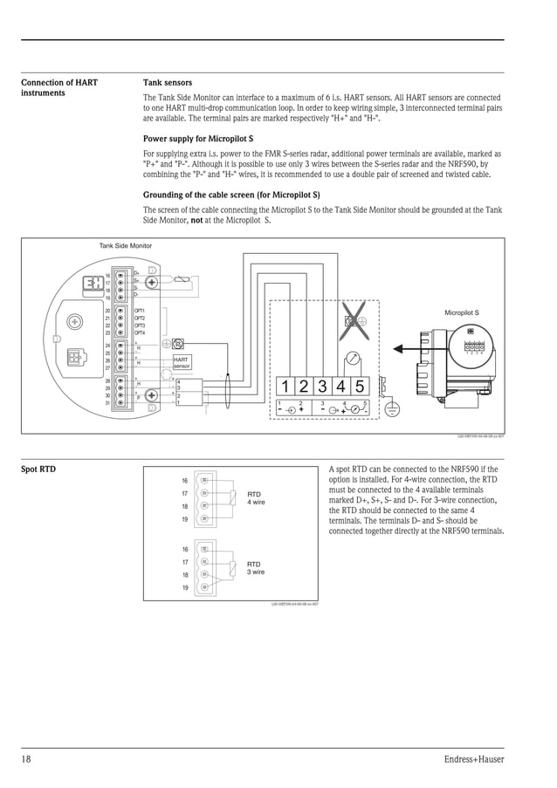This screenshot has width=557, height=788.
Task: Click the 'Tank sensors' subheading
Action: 167,83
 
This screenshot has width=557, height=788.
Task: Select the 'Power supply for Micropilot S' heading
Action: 198,139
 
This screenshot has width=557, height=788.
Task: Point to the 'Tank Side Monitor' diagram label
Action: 126,246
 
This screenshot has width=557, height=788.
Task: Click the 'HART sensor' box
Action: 182,362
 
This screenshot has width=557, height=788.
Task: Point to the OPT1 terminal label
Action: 140,311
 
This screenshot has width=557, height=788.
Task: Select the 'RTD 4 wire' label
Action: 256,498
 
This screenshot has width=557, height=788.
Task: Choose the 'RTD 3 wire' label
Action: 256,568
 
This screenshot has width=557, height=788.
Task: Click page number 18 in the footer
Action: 26,759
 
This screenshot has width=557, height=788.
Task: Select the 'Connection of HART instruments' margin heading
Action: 59,87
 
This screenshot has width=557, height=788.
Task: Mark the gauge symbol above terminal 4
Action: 351,358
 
